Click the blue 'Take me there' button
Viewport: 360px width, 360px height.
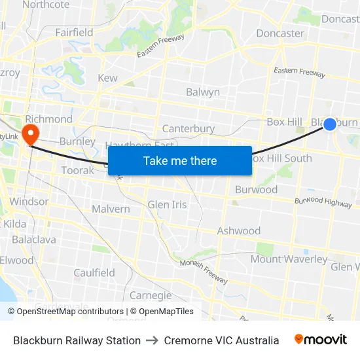(x=180, y=160)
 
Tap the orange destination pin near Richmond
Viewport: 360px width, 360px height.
(x=30, y=134)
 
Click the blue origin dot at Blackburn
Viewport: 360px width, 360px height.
(x=330, y=124)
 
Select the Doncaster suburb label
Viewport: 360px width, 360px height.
(x=280, y=33)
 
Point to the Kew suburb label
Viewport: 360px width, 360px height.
(x=107, y=78)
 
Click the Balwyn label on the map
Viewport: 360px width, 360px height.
(x=203, y=92)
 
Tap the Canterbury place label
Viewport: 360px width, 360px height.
(x=188, y=129)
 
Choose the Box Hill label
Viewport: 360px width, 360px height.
(x=284, y=122)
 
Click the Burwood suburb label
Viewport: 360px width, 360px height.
(x=256, y=190)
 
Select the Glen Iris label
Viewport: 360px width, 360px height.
(x=167, y=204)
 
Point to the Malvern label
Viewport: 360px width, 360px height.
(x=110, y=209)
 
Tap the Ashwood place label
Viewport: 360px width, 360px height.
(x=238, y=230)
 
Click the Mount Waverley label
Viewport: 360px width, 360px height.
(x=289, y=259)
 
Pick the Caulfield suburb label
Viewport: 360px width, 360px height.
(x=94, y=273)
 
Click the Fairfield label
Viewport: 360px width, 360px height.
(x=74, y=32)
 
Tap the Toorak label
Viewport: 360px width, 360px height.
(x=78, y=170)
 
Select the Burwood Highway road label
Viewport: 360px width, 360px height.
(x=323, y=202)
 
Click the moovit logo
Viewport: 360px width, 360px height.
(x=321, y=340)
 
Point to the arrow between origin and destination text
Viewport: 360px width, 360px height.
(x=153, y=340)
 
